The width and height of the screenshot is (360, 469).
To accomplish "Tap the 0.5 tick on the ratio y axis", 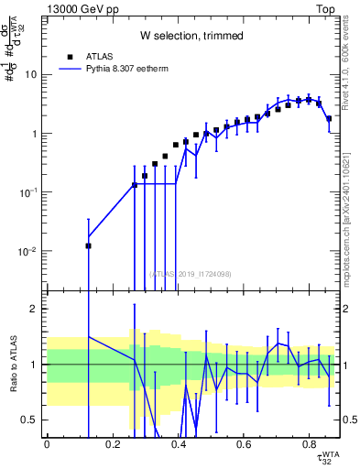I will pyautogui.click(x=32, y=420).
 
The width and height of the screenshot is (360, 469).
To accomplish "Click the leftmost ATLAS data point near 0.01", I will pyautogui.click(x=89, y=245).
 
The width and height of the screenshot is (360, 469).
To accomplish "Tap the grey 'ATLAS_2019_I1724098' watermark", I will pyautogui.click(x=191, y=273).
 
